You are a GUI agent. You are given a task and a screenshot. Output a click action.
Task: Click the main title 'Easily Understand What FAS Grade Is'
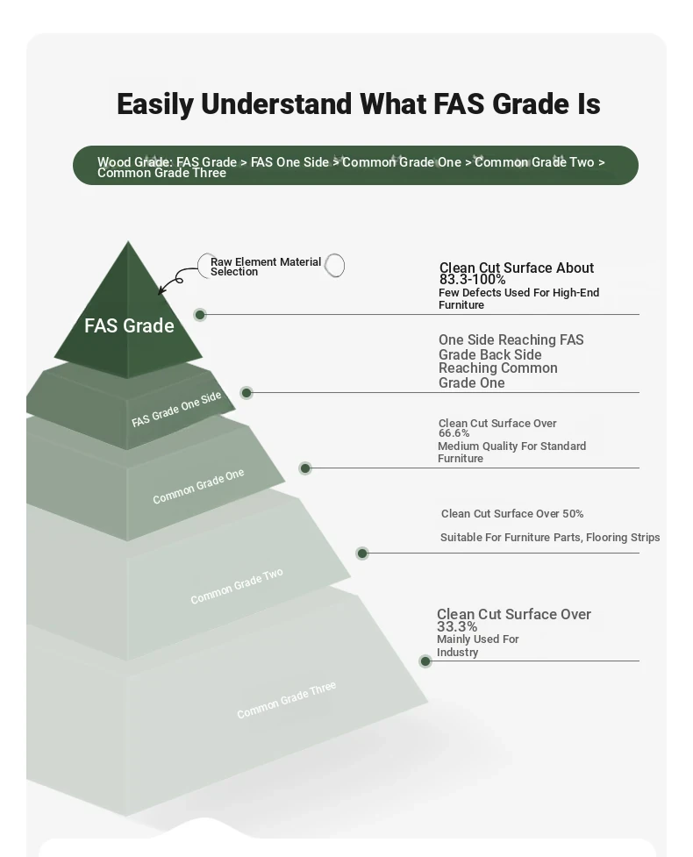359,104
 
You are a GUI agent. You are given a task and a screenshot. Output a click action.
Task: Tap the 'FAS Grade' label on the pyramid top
130,325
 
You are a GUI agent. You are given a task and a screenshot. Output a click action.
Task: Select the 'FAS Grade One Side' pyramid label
176,409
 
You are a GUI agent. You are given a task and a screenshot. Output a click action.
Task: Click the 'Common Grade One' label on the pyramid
198,487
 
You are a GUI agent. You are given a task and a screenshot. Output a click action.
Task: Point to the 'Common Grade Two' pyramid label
237,586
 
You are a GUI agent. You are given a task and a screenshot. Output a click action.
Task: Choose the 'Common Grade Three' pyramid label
286,700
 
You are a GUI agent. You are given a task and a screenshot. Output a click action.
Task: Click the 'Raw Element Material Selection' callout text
266,267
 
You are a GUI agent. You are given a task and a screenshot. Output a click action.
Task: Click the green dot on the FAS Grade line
200,315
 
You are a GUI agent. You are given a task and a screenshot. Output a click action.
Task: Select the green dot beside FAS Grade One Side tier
246,393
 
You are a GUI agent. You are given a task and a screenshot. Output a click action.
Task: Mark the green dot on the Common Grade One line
305,468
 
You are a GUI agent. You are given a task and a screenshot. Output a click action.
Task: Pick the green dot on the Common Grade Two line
361,553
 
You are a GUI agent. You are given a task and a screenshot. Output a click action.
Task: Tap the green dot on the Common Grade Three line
425,662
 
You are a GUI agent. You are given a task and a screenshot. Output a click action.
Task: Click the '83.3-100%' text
472,279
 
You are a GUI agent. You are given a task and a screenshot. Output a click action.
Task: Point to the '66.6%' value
454,432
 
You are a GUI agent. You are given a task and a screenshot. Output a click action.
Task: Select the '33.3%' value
457,626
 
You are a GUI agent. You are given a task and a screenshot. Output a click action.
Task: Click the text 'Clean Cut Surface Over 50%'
512,514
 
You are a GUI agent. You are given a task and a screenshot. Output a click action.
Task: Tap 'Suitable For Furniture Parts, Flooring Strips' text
550,537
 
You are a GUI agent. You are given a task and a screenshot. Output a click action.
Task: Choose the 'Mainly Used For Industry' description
478,646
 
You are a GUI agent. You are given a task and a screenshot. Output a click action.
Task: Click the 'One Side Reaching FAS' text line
511,340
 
